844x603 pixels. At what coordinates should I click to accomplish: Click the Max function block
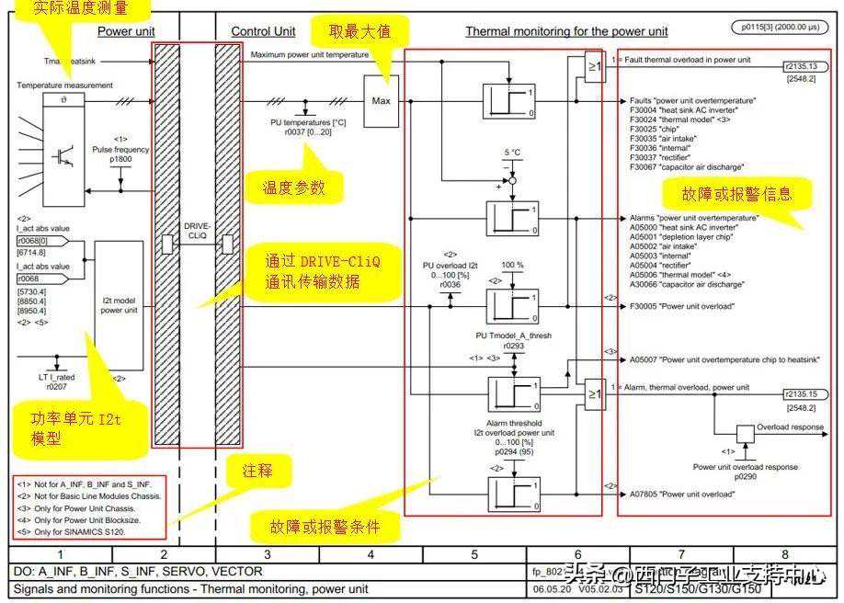pyautogui.click(x=382, y=100)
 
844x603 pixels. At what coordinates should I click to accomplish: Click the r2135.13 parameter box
pyautogui.click(x=800, y=67)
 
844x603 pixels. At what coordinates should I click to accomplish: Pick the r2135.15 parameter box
pyautogui.click(x=800, y=393)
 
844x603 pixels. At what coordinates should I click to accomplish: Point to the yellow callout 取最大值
pyautogui.click(x=360, y=31)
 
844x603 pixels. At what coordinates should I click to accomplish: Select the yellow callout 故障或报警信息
pyautogui.click(x=736, y=194)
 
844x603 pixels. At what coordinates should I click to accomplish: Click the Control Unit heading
pyautogui.click(x=263, y=31)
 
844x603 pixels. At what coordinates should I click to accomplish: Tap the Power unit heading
pyautogui.click(x=126, y=31)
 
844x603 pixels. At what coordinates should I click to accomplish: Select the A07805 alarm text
pyautogui.click(x=681, y=493)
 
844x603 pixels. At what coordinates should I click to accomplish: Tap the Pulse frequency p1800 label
pyautogui.click(x=120, y=154)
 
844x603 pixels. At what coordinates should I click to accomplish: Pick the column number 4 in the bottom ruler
pyautogui.click(x=371, y=554)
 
